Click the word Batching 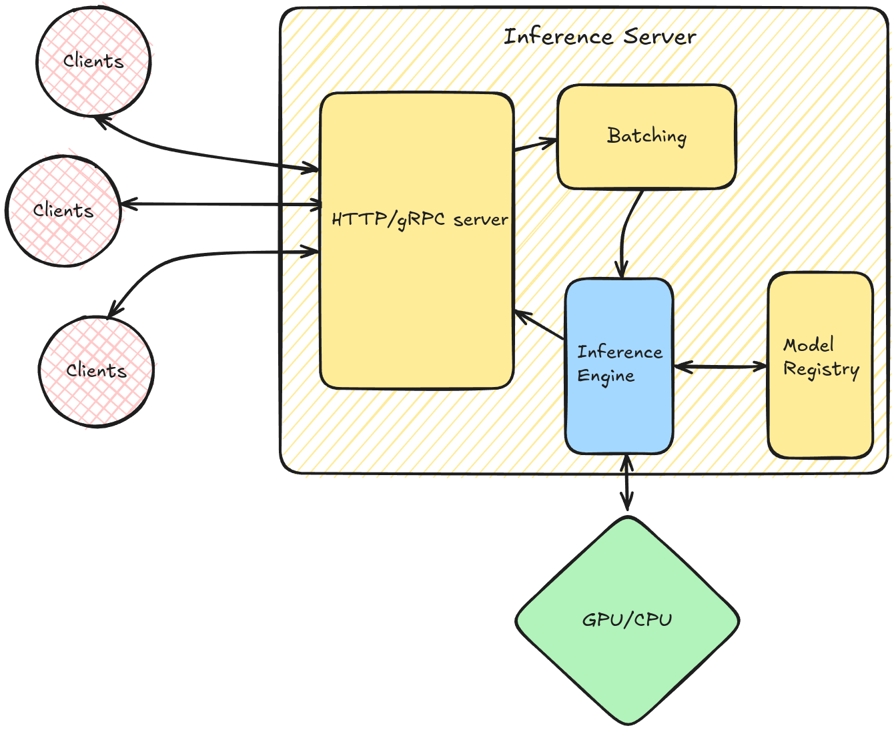pos(646,136)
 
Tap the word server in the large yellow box pos(480,220)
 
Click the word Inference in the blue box pos(619,352)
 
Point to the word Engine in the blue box pos(605,376)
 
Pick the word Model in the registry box pos(809,345)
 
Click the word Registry pos(821,369)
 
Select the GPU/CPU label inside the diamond pos(627,620)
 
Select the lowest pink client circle pos(97,371)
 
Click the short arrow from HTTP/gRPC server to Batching pos(534,142)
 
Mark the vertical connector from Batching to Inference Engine pos(622,234)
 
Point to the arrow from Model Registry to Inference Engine pos(721,366)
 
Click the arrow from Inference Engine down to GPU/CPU pos(626,484)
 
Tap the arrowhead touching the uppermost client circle pos(101,121)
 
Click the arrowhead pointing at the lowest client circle pos(114,308)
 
